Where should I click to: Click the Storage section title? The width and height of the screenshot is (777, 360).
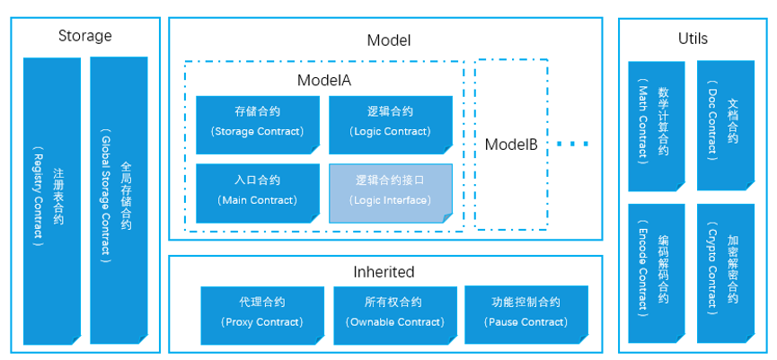click(x=84, y=37)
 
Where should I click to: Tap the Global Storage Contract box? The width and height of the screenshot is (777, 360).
click(x=116, y=199)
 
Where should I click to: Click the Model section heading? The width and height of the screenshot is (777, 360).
click(x=388, y=40)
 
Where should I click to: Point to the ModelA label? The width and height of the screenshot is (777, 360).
click(x=323, y=80)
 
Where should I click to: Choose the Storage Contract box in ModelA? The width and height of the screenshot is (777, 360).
click(x=257, y=122)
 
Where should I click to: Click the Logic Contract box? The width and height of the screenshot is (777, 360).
click(x=390, y=122)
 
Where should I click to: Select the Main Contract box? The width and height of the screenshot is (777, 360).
click(x=257, y=191)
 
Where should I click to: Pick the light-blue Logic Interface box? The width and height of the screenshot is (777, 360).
click(x=390, y=191)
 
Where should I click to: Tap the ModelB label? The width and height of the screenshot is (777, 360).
click(x=510, y=144)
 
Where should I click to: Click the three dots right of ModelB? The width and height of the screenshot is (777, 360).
click(x=571, y=144)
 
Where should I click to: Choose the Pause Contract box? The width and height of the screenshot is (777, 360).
click(x=525, y=313)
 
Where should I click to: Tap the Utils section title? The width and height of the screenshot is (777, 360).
click(x=693, y=39)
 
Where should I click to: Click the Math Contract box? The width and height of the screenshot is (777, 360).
click(x=654, y=126)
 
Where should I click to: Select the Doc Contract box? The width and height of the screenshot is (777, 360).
click(x=725, y=126)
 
